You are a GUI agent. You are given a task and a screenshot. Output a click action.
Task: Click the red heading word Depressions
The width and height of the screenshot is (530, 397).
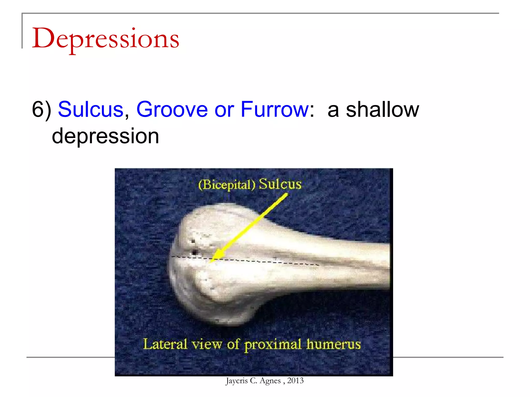[x=106, y=39]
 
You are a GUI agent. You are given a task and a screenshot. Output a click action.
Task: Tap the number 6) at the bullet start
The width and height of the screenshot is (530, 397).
[x=41, y=110]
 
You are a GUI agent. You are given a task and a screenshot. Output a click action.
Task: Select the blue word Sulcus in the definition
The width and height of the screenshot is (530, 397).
[x=91, y=110]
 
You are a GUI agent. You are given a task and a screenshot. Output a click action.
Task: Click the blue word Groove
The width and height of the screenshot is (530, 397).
[x=172, y=110]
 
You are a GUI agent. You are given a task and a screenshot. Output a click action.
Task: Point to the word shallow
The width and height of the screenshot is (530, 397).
[x=382, y=110]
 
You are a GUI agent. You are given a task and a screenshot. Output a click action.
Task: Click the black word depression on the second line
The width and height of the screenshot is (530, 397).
[x=105, y=136]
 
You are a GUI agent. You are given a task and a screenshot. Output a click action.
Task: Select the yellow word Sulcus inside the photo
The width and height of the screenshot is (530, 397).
[x=280, y=184]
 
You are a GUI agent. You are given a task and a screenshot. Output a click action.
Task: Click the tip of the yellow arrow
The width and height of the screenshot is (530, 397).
[x=211, y=262]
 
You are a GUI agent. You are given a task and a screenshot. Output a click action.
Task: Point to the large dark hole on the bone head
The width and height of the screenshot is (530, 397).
[x=195, y=252]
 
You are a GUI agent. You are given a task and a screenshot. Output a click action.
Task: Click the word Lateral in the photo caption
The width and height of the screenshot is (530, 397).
[x=165, y=344]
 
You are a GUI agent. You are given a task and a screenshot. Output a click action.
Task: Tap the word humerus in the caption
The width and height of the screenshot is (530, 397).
[x=334, y=344]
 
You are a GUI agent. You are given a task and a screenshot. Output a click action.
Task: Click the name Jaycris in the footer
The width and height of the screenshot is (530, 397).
[x=237, y=381]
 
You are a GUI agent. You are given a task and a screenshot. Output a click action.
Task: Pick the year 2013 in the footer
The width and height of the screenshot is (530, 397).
[x=295, y=380]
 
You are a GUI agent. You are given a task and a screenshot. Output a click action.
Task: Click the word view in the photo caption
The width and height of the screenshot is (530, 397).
[x=207, y=345]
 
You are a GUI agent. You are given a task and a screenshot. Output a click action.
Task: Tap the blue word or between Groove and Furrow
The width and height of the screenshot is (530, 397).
[x=224, y=110]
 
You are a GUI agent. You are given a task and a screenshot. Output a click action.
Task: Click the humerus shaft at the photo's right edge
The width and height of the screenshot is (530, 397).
[x=380, y=266]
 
